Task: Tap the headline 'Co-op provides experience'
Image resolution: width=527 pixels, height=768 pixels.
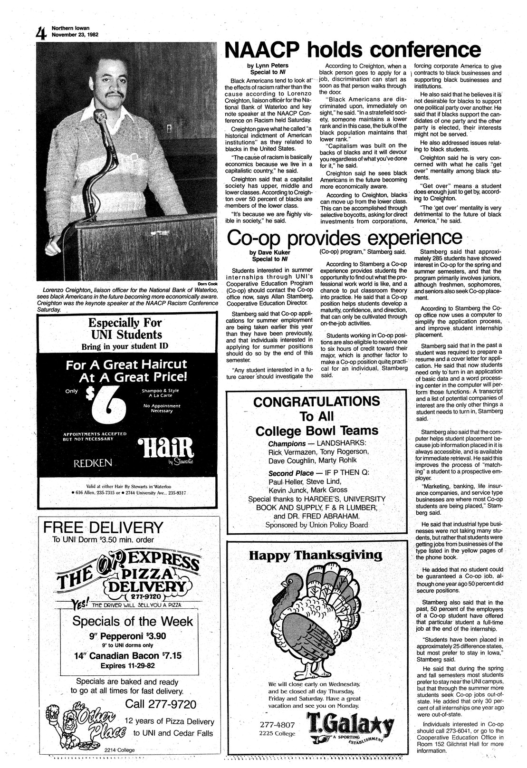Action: pyautogui.click(x=345, y=237)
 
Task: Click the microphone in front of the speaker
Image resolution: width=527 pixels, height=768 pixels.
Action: pyautogui.click(x=100, y=116)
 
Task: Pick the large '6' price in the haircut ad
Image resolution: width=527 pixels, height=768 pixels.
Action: pyautogui.click(x=107, y=404)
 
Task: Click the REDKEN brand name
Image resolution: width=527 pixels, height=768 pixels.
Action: pyautogui.click(x=93, y=462)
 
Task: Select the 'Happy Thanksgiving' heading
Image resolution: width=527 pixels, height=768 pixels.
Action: pyautogui.click(x=316, y=555)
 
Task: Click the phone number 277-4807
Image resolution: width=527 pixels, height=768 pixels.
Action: pyautogui.click(x=278, y=725)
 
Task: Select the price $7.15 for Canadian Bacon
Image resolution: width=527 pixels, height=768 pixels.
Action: pyautogui.click(x=172, y=656)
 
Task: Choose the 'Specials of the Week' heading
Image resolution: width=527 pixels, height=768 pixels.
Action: pyautogui.click(x=133, y=621)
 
